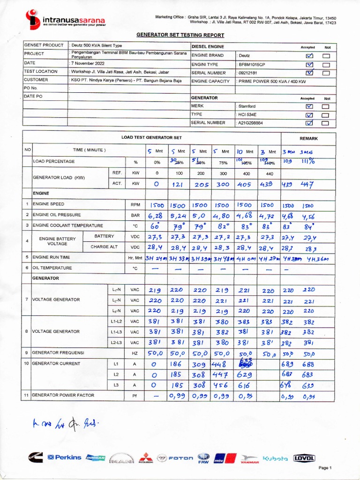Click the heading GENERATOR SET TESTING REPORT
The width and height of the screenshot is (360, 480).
(180, 35)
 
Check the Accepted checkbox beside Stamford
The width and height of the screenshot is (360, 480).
(309, 106)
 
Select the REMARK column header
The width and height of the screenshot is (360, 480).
(308, 139)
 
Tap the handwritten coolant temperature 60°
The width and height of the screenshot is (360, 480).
(155, 227)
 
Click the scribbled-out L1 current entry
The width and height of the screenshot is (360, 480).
(245, 363)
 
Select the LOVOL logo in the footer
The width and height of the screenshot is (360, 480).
(304, 458)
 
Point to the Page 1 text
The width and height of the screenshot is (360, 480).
(325, 468)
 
